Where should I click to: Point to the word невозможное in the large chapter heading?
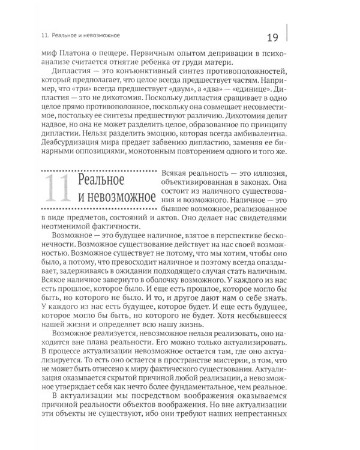[x=116, y=196]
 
